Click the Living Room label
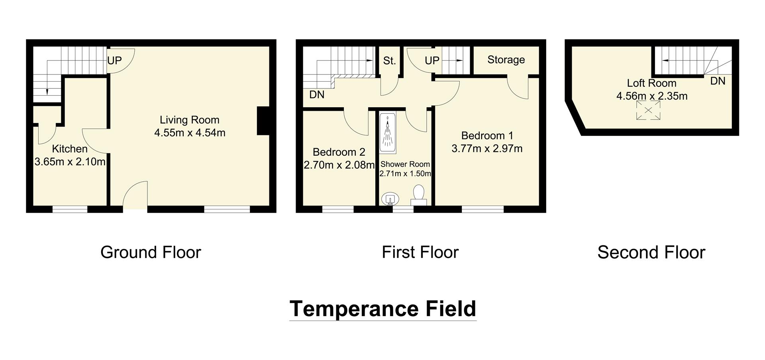point(190,120)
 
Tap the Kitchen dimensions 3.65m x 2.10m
point(70,162)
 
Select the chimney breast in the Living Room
point(263,121)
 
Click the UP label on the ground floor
point(114,61)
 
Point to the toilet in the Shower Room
point(419,194)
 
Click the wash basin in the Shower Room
point(390,199)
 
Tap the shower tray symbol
point(387,133)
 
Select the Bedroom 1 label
point(487,136)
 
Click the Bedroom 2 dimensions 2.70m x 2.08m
point(339,165)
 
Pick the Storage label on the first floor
point(506,60)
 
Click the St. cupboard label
point(389,61)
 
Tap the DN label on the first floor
point(317,95)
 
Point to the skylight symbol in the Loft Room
point(648,110)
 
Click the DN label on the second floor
point(718,81)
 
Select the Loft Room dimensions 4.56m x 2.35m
point(652,96)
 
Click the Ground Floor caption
point(151,252)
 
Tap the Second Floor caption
point(651,252)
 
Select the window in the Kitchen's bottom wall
point(70,209)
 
